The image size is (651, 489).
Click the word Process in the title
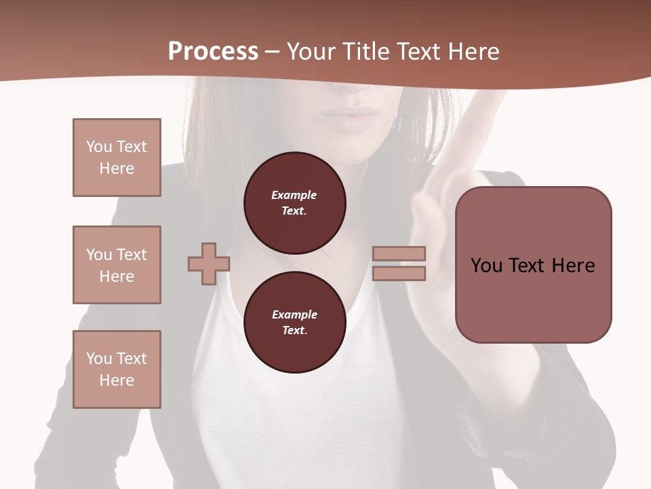click(213, 52)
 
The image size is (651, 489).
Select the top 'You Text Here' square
click(117, 158)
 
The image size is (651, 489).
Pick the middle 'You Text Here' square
click(117, 265)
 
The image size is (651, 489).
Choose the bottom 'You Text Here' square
click(117, 369)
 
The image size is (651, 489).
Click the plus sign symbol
click(208, 264)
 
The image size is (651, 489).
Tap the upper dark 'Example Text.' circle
click(294, 203)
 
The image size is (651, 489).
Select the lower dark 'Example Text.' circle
click(294, 323)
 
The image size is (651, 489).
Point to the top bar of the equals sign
click(399, 253)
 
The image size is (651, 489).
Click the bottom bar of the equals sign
click(399, 273)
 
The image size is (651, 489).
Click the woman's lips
click(351, 117)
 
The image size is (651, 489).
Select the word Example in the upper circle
click(294, 195)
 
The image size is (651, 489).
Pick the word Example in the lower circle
click(294, 314)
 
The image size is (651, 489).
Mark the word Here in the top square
click(117, 168)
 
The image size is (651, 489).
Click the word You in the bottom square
click(99, 359)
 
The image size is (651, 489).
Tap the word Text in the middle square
click(131, 255)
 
